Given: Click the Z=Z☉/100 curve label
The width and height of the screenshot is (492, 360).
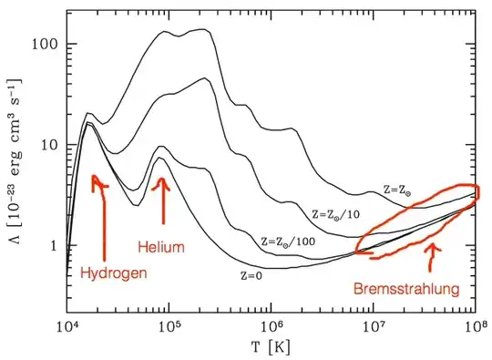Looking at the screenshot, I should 289,242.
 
